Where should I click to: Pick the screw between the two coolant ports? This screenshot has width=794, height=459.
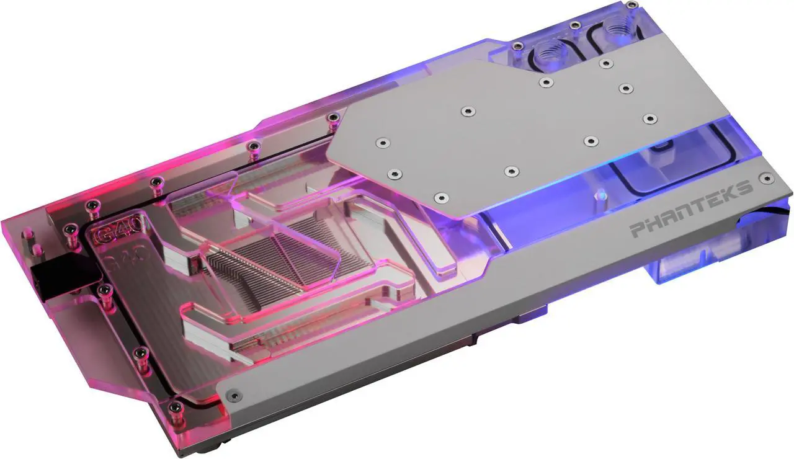click(575, 25)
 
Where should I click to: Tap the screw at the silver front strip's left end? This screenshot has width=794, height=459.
click(232, 393)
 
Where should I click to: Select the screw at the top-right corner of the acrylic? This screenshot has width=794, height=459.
click(631, 4)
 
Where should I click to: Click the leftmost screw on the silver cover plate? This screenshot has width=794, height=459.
click(382, 143)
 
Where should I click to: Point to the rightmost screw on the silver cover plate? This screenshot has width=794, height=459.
click(649, 118)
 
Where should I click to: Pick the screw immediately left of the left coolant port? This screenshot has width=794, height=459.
click(516, 45)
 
